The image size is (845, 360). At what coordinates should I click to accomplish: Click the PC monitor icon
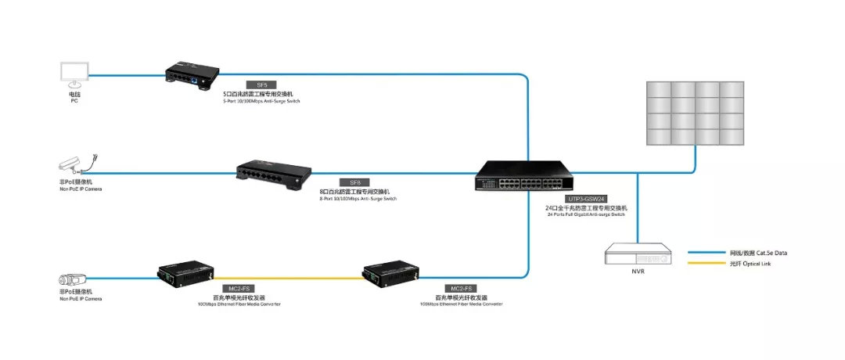tap(75, 74)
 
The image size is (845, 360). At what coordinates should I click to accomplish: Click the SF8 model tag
tap(354, 182)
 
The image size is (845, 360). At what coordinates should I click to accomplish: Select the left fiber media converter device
tap(185, 271)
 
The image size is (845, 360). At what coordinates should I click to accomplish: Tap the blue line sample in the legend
tap(707, 253)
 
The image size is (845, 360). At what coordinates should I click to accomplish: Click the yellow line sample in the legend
tap(707, 264)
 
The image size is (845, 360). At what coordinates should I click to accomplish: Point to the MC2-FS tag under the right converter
tap(458, 289)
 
